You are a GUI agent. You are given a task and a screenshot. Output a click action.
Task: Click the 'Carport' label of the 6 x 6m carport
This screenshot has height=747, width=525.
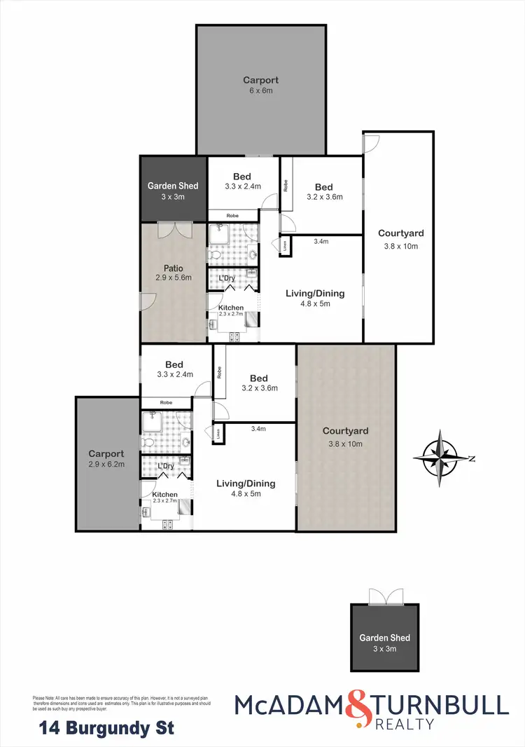(260, 80)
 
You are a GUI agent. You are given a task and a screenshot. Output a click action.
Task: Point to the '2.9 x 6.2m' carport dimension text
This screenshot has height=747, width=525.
(107, 465)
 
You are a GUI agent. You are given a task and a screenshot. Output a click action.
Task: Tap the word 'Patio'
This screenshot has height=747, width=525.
(173, 267)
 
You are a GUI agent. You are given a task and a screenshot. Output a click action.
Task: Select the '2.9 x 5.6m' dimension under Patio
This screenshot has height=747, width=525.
(173, 277)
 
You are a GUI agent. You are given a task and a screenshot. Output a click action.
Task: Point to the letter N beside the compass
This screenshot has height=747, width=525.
(472, 459)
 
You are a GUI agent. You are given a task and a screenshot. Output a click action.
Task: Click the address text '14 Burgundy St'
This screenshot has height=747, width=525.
(105, 728)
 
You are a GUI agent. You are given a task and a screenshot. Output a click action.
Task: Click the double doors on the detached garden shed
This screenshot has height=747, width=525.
(386, 596)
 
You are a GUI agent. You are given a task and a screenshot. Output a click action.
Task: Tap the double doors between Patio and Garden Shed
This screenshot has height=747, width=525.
(173, 231)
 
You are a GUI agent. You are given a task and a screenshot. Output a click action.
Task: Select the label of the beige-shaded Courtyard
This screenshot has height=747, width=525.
(345, 431)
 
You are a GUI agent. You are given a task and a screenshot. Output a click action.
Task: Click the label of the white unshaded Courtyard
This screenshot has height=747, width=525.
(400, 233)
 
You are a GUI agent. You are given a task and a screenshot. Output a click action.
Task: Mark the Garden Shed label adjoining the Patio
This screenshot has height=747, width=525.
(173, 186)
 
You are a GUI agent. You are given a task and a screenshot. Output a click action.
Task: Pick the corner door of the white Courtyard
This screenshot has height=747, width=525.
(371, 142)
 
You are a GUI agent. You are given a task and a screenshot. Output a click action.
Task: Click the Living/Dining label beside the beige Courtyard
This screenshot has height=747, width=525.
(246, 484)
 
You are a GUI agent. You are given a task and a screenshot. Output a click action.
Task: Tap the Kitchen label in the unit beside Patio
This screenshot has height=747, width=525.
(231, 308)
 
